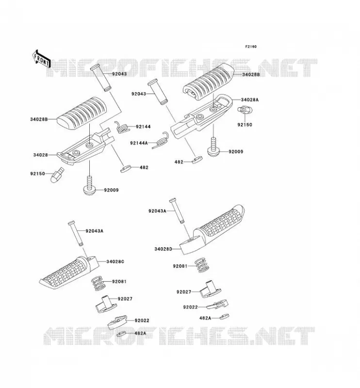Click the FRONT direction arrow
click(41, 59)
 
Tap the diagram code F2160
click(251, 47)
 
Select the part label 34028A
click(249, 100)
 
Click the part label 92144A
click(139, 143)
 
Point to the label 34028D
click(163, 249)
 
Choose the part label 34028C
click(115, 261)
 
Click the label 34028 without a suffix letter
click(40, 155)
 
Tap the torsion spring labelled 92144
click(122, 127)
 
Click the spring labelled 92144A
click(161, 140)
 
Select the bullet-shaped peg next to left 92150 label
click(57, 175)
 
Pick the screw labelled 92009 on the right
click(213, 147)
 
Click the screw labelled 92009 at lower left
click(89, 186)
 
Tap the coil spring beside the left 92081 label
click(99, 283)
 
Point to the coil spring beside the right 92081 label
click(203, 265)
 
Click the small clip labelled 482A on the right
click(224, 317)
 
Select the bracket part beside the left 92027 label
click(106, 304)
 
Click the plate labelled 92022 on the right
click(218, 304)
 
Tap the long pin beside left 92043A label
click(76, 233)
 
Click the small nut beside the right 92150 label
click(245, 110)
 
